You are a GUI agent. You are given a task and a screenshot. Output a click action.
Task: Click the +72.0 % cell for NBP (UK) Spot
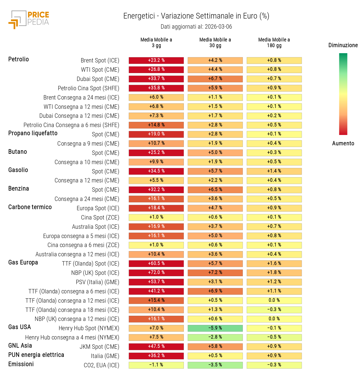tap(156, 273)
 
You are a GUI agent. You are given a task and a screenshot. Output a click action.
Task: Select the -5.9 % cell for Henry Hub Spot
tap(215, 328)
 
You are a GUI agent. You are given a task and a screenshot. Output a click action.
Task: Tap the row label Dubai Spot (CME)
tap(98, 79)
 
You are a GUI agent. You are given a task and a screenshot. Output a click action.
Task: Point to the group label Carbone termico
tap(30, 207)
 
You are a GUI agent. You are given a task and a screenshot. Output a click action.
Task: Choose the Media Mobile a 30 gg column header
tap(215, 43)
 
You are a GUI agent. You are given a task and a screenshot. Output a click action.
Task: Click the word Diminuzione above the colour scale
tap(343, 45)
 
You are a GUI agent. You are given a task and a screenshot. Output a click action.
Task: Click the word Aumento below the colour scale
tap(343, 143)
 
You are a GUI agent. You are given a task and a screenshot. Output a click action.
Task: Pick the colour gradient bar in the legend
tap(343, 94)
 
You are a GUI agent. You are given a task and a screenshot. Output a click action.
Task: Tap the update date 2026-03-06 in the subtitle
tap(218, 27)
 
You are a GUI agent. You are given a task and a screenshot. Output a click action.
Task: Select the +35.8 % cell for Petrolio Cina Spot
tap(156, 88)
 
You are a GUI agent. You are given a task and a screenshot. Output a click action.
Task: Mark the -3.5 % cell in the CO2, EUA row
tap(215, 365)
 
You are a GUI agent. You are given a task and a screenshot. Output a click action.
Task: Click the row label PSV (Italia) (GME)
tap(97, 282)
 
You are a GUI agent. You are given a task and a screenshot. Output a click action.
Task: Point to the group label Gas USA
tap(20, 327)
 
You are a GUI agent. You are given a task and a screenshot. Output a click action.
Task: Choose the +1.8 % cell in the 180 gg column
tap(274, 273)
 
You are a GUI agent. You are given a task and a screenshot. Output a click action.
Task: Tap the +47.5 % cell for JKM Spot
tap(156, 347)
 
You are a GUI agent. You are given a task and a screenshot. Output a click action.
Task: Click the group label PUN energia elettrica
tap(36, 355)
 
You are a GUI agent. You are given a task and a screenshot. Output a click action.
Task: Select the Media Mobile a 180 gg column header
tap(274, 43)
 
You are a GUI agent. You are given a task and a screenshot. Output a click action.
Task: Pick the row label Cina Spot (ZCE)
tap(100, 218)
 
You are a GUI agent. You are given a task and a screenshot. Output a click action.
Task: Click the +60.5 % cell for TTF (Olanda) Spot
tap(156, 264)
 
